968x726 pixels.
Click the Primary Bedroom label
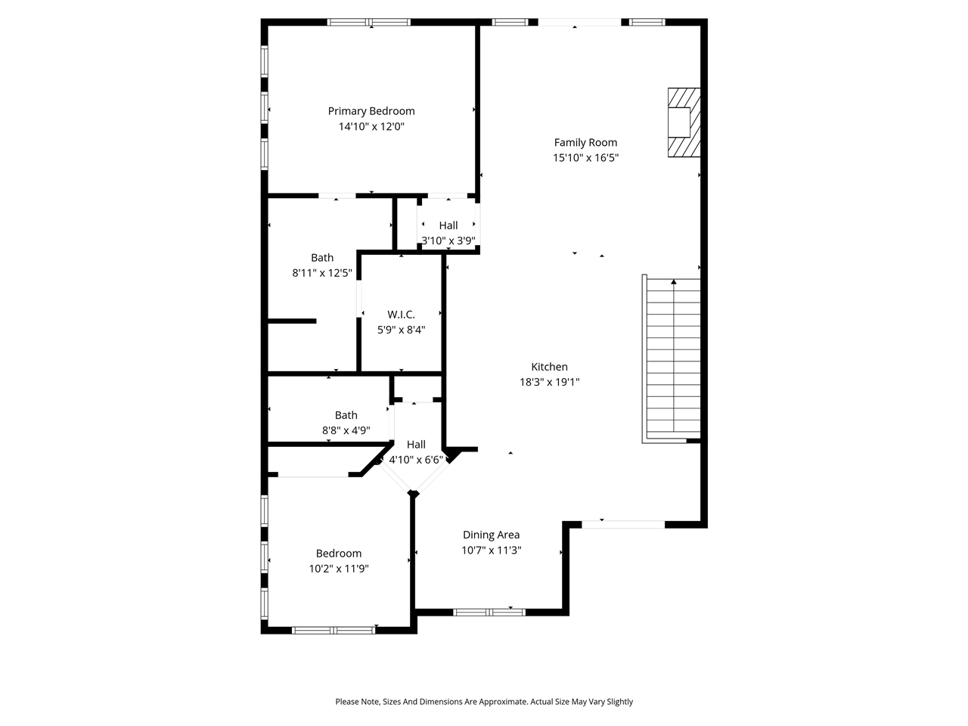pyautogui.click(x=371, y=111)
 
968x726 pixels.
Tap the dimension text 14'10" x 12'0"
pyautogui.click(x=371, y=127)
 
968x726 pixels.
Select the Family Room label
pyautogui.click(x=585, y=142)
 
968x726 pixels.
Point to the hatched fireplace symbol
pyautogui.click(x=683, y=123)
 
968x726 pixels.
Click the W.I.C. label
pyautogui.click(x=401, y=314)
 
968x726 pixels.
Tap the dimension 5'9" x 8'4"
pyautogui.click(x=401, y=330)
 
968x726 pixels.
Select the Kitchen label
pyautogui.click(x=549, y=367)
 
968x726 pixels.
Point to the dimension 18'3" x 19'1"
pyautogui.click(x=549, y=383)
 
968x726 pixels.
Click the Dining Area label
pyautogui.click(x=491, y=535)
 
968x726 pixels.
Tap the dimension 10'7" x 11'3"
pyautogui.click(x=491, y=551)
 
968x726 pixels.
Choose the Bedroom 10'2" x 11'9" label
pyautogui.click(x=338, y=553)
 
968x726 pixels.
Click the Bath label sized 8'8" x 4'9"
pyautogui.click(x=346, y=414)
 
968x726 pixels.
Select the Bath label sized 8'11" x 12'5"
pyautogui.click(x=322, y=257)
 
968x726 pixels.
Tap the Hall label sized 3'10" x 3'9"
pyautogui.click(x=448, y=225)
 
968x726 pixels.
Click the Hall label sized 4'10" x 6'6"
pyautogui.click(x=416, y=445)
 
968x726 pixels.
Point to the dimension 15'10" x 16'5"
pyautogui.click(x=585, y=158)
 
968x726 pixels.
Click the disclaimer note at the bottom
pyautogui.click(x=484, y=702)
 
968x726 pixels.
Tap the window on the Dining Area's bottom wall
pyautogui.click(x=489, y=612)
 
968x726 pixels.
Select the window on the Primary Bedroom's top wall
pyautogui.click(x=369, y=22)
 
